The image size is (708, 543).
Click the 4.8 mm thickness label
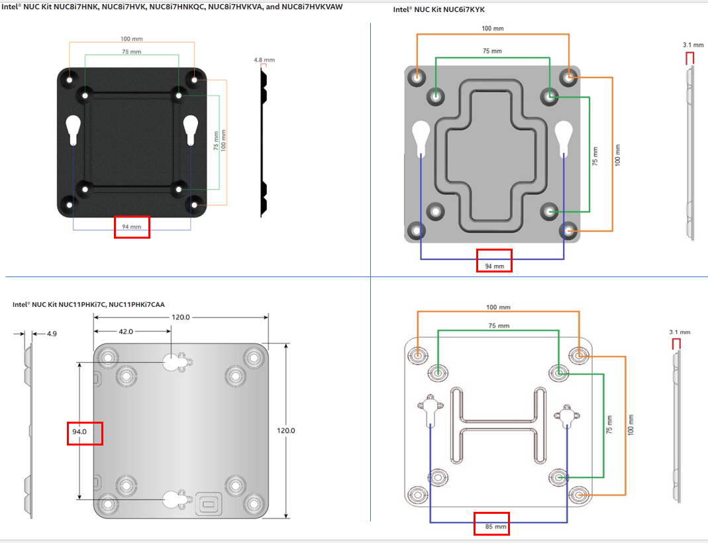264,60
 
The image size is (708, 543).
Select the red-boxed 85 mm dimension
491,528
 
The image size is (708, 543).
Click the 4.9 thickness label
51,334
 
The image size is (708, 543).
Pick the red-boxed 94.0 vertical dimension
79,432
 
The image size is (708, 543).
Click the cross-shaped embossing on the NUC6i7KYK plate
493,156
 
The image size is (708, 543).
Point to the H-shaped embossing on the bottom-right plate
499,422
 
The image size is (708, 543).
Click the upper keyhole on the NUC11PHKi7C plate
172,362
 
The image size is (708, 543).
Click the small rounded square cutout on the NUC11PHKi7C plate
208,503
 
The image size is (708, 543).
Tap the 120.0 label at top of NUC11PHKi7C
181,318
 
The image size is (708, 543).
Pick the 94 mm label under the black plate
132,227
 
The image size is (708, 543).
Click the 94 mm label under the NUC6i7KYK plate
494,266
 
